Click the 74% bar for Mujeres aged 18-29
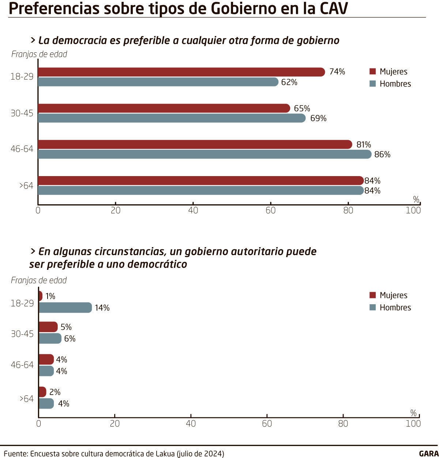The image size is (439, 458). click(181, 72)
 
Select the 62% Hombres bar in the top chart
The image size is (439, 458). click(158, 82)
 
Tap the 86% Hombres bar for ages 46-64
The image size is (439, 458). click(205, 154)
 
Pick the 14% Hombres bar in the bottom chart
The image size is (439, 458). click(65, 308)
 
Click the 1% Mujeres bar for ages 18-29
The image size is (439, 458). click(40, 296)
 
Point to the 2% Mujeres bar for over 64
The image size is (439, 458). click(42, 392)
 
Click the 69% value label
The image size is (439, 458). click(318, 118)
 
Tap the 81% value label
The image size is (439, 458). click(364, 145)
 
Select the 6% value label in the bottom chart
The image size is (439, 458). click(70, 339)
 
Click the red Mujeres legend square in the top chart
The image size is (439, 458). click(373, 71)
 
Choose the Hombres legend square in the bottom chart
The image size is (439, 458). click(373, 307)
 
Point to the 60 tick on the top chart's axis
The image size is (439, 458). click(271, 210)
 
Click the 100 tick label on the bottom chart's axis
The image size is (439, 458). click(413, 424)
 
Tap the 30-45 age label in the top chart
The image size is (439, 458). click(22, 113)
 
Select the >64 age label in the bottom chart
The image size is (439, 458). click(26, 399)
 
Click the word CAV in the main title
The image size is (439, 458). click(333, 9)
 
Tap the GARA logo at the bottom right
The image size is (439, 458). click(428, 454)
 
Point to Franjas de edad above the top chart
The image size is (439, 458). click(39, 54)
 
